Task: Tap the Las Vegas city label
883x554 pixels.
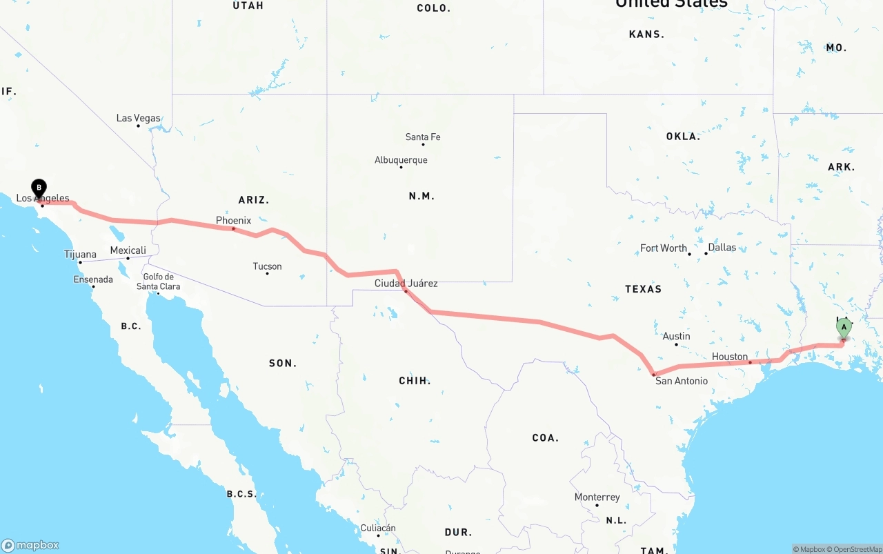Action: [138, 118]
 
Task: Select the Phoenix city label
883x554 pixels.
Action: [233, 221]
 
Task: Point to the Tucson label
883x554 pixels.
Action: [267, 266]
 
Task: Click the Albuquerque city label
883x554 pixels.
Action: [401, 160]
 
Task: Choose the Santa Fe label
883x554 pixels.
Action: [423, 137]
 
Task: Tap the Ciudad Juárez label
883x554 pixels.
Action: [406, 284]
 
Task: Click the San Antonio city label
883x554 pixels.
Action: [681, 381]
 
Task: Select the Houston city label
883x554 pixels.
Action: [730, 357]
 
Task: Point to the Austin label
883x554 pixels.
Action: [676, 337]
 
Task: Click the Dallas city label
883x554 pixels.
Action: [722, 248]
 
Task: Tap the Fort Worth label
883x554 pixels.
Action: [664, 248]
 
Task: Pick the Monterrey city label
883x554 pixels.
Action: [597, 497]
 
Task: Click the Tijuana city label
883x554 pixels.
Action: [80, 255]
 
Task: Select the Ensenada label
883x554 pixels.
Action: [93, 279]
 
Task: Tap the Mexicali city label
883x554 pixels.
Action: [128, 250]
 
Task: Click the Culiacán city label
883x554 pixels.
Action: [378, 528]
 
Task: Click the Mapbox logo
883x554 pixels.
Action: [30, 545]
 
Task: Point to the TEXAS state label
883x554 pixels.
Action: [643, 289]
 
